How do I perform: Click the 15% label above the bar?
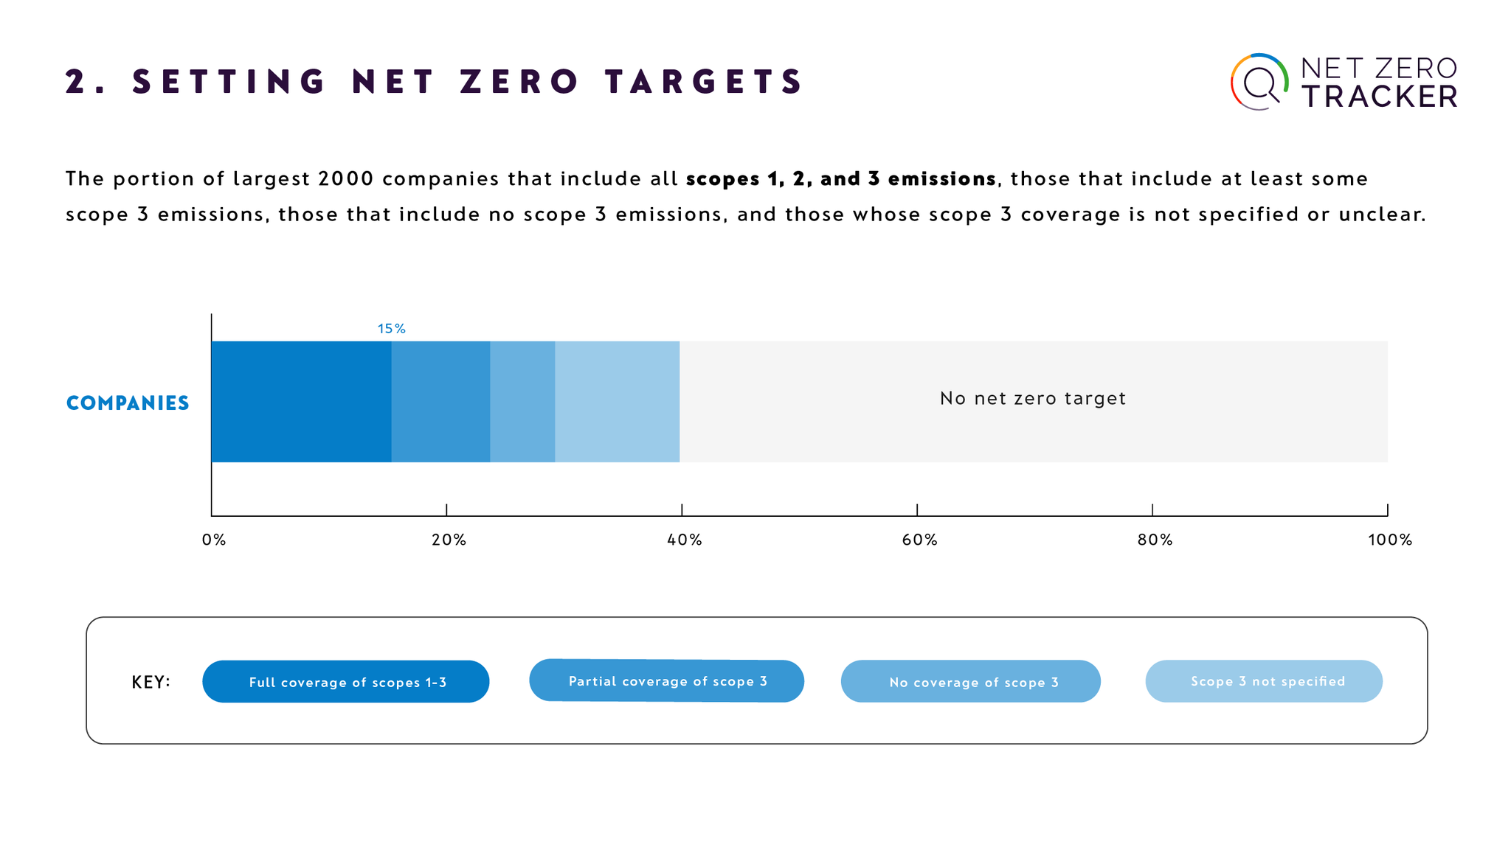tap(391, 329)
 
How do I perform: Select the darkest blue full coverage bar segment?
tap(301, 402)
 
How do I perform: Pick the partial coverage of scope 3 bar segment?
tap(440, 402)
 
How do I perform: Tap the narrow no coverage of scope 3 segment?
tap(522, 402)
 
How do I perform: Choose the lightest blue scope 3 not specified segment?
tap(617, 402)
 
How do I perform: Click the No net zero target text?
tap(1032, 399)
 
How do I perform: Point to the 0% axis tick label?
tap(214, 540)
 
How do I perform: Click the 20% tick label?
tap(449, 540)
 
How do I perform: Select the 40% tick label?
tap(684, 540)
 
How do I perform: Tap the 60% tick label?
tap(919, 540)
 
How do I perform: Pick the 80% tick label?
tap(1155, 540)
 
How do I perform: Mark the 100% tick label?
tap(1389, 540)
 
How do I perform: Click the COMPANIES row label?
tap(128, 403)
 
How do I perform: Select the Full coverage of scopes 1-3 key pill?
tap(346, 682)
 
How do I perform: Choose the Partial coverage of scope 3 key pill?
tap(667, 681)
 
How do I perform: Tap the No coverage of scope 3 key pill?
tap(971, 682)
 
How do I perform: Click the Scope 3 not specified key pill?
tap(1264, 681)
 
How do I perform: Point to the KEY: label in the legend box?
tap(151, 683)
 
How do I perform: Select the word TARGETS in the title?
tap(705, 82)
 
